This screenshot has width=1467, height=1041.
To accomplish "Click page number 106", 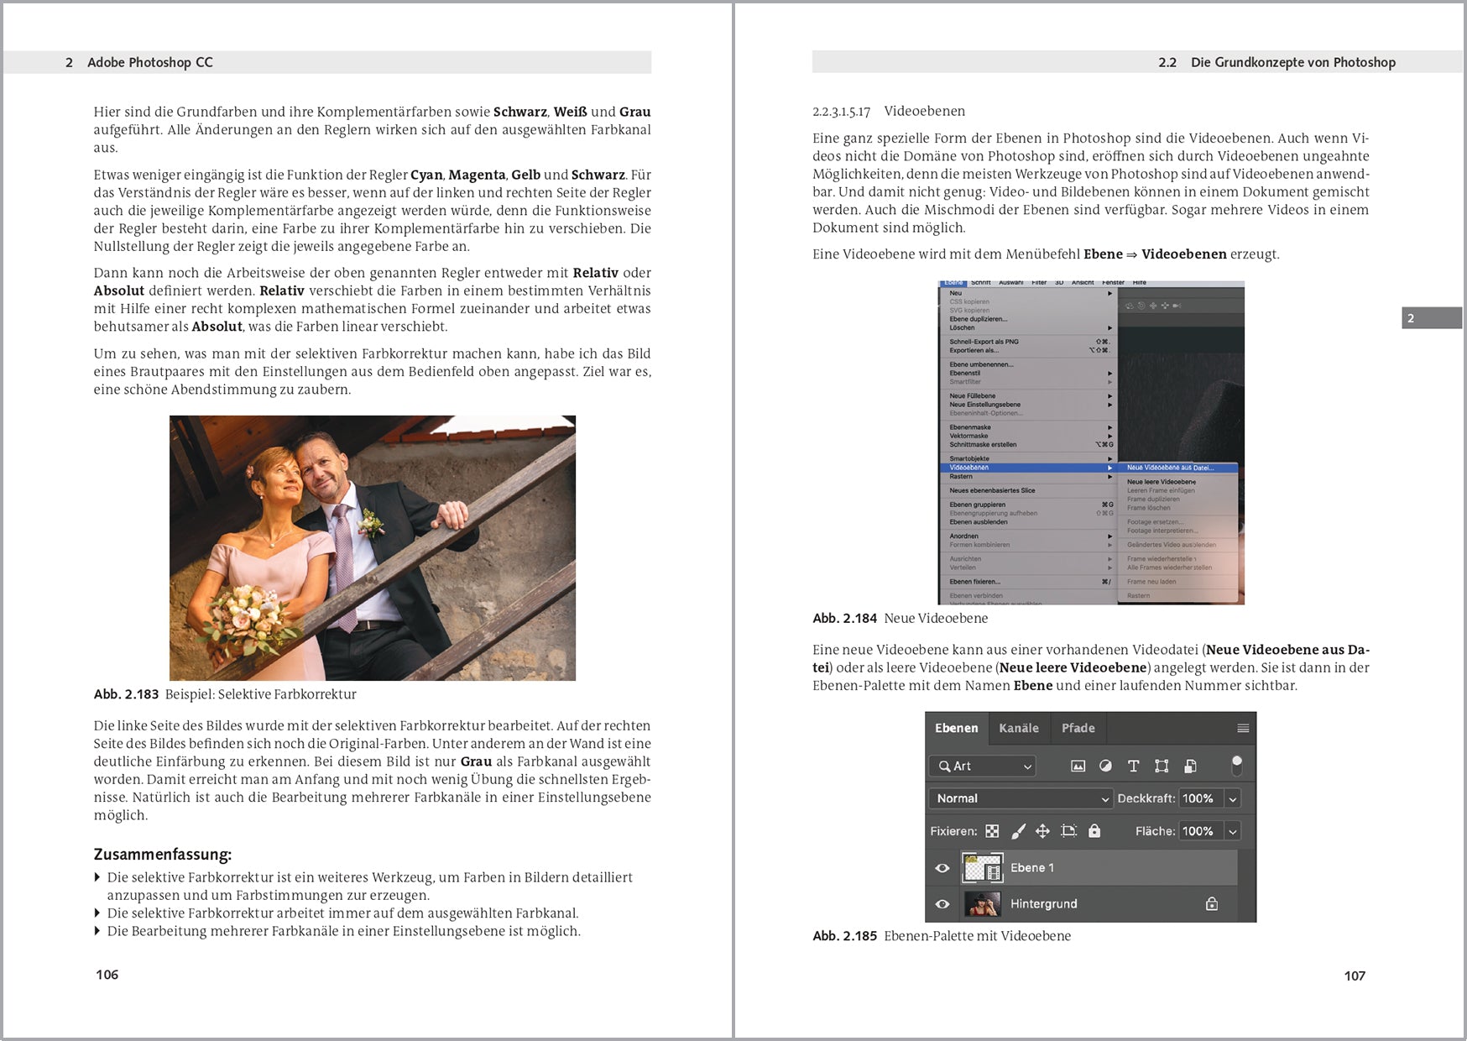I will (x=107, y=975).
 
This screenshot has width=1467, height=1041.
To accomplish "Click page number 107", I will (x=1354, y=976).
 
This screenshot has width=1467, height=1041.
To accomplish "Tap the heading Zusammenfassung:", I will (x=162, y=855).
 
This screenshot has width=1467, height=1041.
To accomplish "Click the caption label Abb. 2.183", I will (x=126, y=694).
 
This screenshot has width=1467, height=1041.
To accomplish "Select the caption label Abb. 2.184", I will (x=844, y=619).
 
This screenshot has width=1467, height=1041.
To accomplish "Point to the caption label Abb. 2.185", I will (x=844, y=936).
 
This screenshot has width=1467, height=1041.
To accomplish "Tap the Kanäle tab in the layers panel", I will (x=1018, y=729).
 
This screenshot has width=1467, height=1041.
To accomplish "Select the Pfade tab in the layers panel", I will (x=1078, y=729).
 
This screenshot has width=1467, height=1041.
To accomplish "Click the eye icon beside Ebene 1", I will (x=942, y=868).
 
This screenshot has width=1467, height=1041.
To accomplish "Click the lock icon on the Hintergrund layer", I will (x=1211, y=904).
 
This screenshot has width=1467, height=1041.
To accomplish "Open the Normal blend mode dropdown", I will (x=1020, y=798).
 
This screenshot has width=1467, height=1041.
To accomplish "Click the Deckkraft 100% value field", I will (x=1199, y=798).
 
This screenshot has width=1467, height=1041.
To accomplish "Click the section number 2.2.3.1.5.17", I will (x=841, y=112).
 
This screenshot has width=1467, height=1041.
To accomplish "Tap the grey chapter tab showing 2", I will (x=1431, y=318).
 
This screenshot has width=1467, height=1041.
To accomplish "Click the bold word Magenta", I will (x=477, y=175).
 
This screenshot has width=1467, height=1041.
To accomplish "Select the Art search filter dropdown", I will (x=982, y=766).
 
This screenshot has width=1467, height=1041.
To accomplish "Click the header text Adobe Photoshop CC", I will (x=149, y=62).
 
